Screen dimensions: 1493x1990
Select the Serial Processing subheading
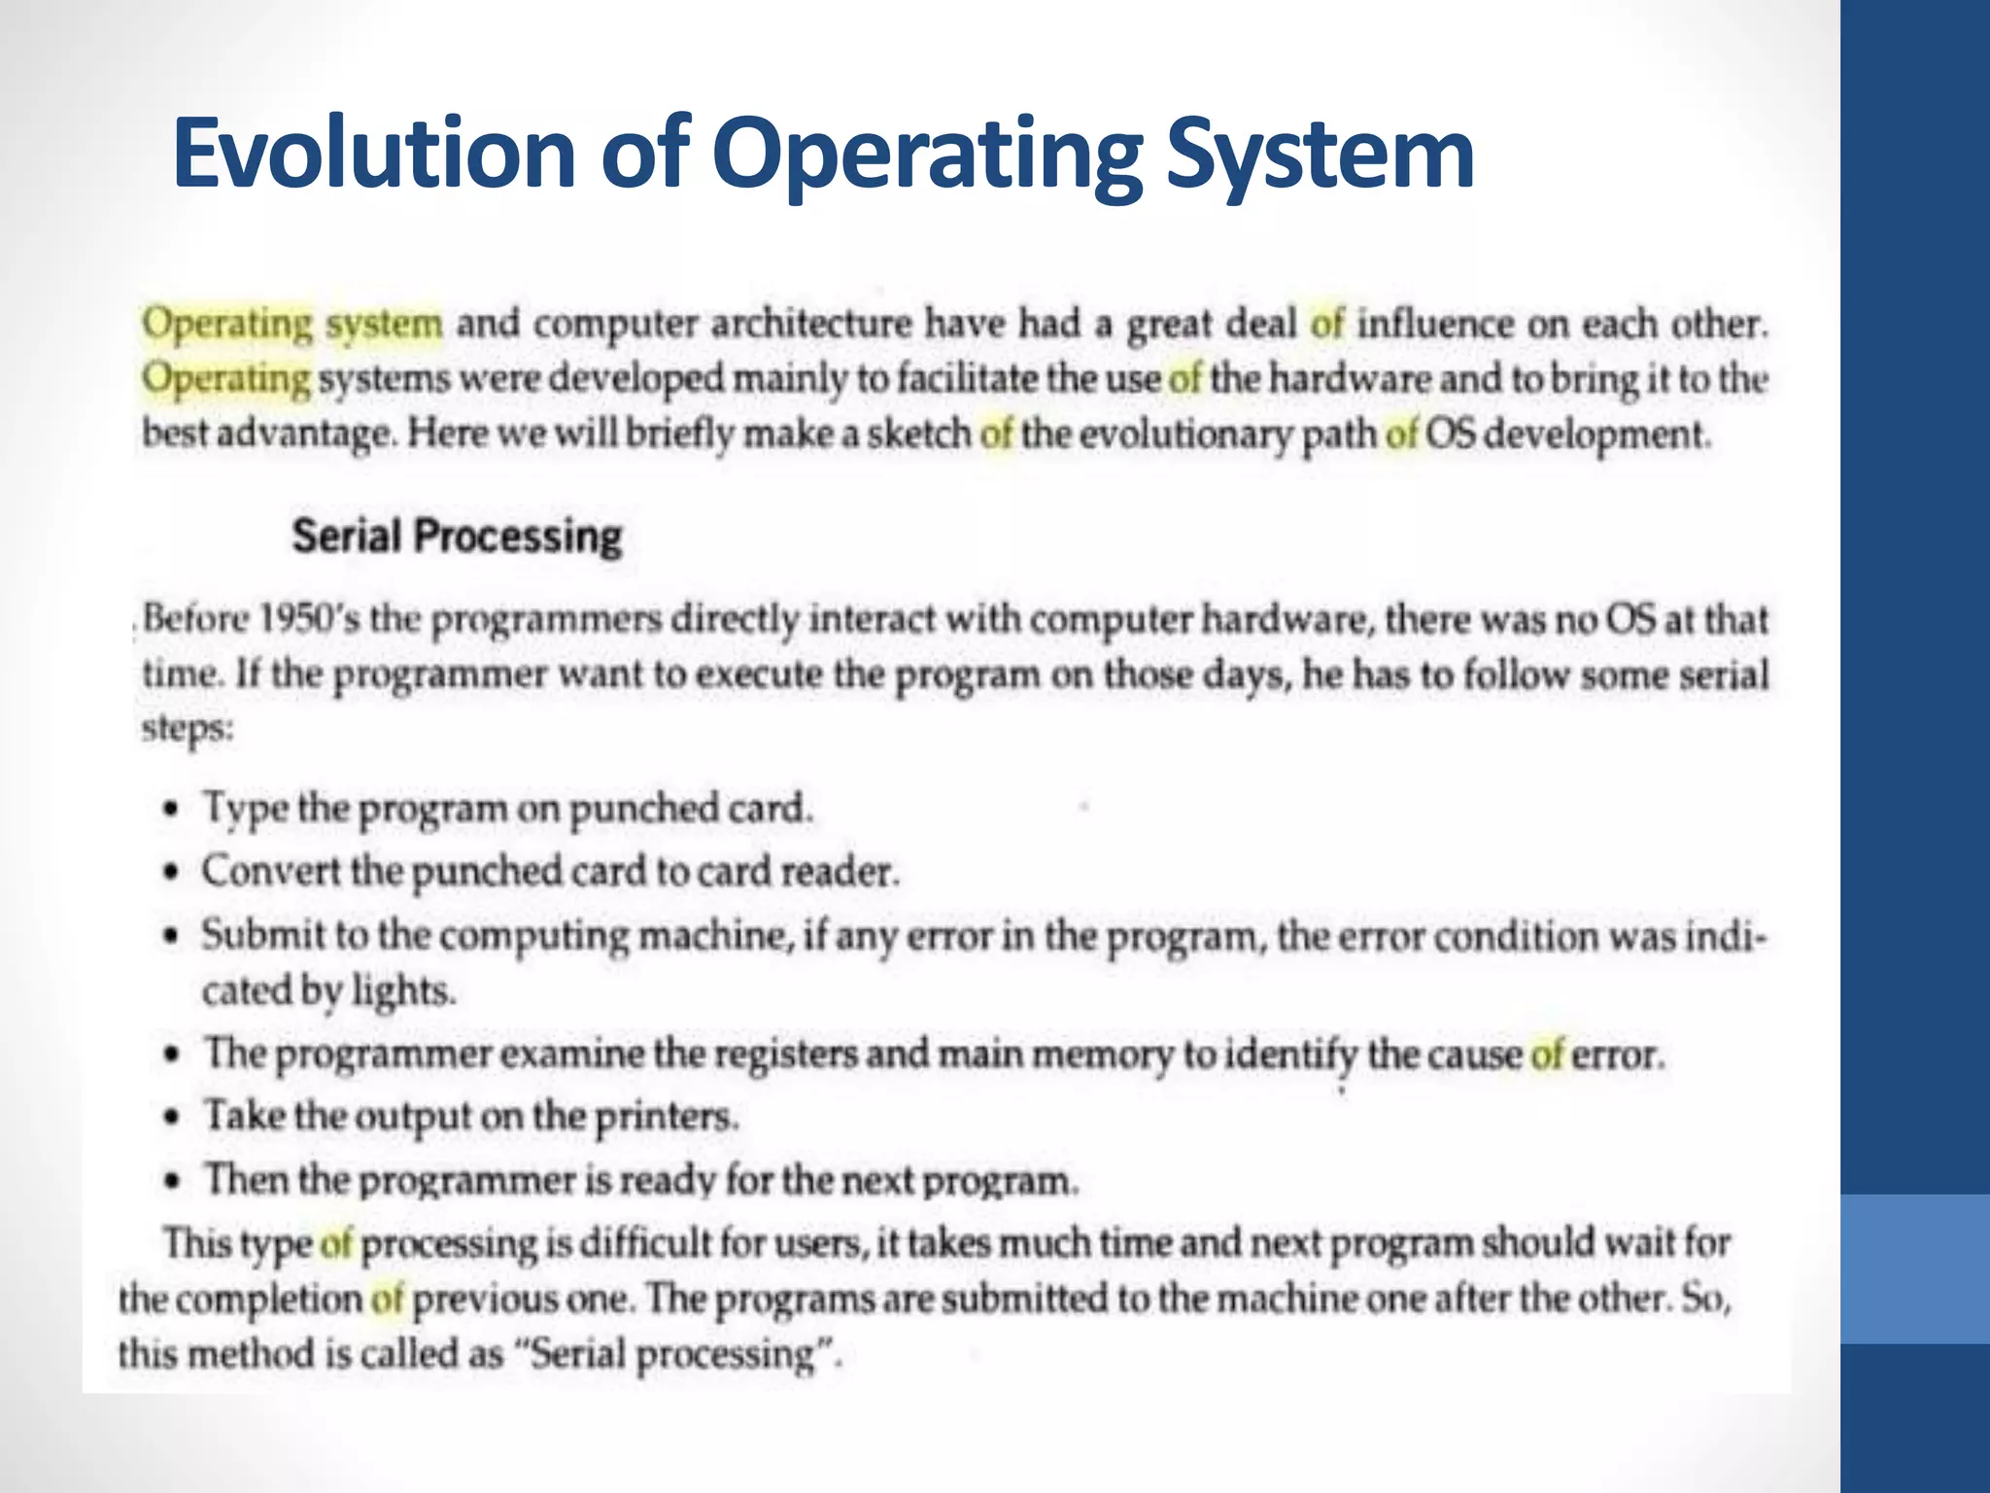click(x=457, y=536)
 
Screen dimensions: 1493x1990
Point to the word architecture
click(x=811, y=324)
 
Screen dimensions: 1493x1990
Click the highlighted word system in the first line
click(x=384, y=324)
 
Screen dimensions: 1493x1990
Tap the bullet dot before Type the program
click(x=172, y=809)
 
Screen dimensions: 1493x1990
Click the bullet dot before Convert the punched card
click(x=172, y=872)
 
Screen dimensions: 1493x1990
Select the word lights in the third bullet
click(x=403, y=991)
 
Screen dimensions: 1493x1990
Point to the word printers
click(x=667, y=1116)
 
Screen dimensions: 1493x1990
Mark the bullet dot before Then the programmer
click(x=172, y=1180)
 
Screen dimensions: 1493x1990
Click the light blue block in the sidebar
click(x=1915, y=1268)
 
